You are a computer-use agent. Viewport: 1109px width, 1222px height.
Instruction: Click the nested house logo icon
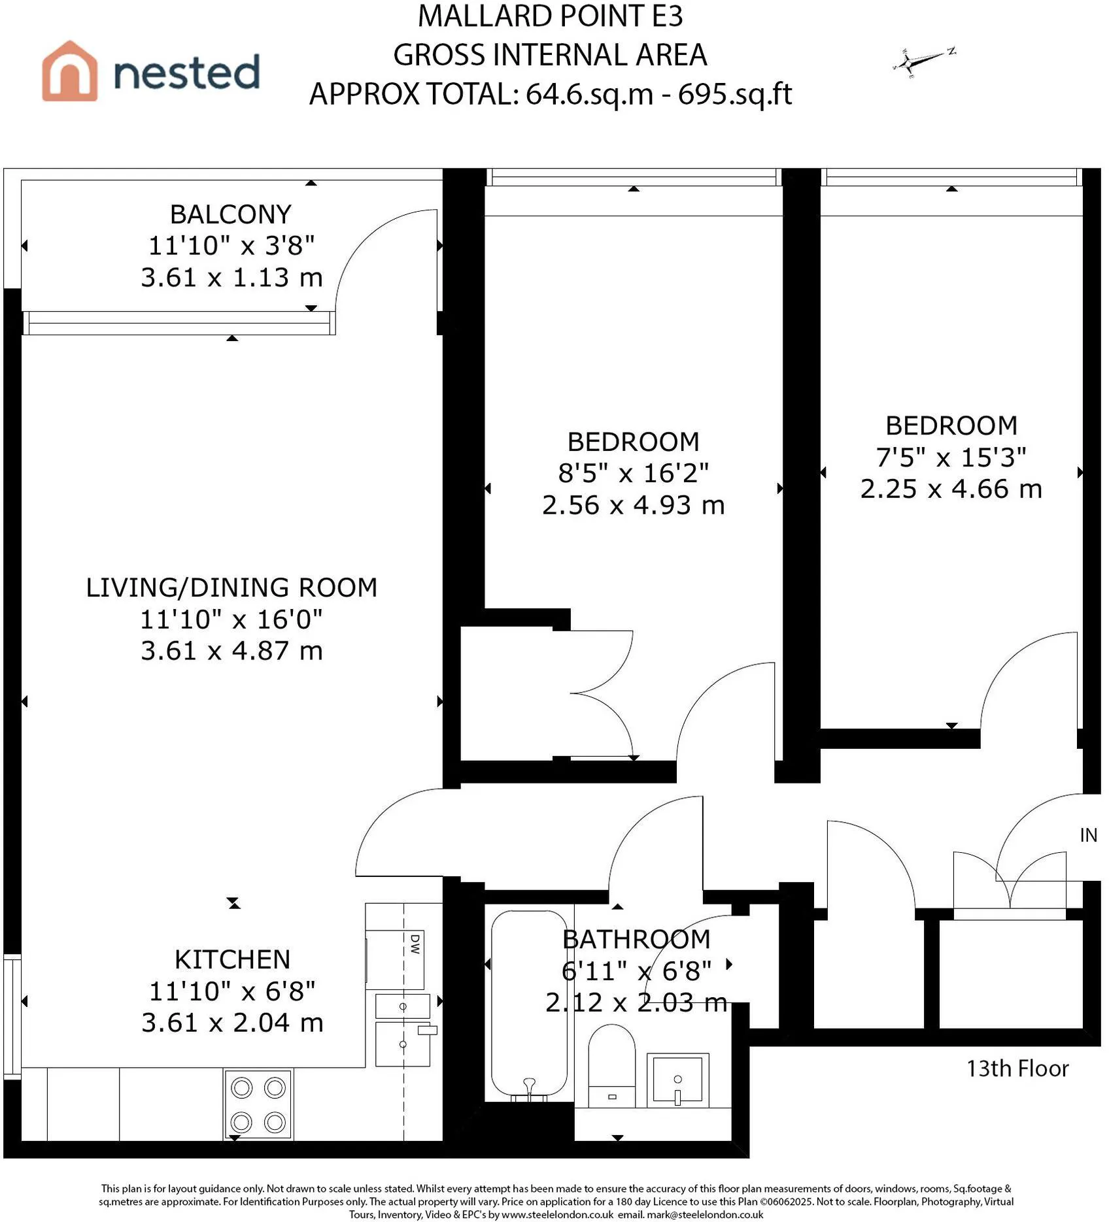coord(70,71)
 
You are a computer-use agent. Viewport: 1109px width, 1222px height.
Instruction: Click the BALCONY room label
coord(231,214)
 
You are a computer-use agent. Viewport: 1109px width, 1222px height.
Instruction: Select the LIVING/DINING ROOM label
coord(232,587)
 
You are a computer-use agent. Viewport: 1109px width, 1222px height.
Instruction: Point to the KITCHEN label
coord(232,959)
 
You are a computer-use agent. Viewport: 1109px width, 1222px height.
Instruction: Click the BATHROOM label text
coord(636,939)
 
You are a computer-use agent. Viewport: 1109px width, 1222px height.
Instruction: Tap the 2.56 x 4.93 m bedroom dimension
coord(634,505)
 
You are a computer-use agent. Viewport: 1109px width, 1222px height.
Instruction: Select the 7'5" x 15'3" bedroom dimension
coord(951,457)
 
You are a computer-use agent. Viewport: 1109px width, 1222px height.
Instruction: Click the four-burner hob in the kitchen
coord(258,1105)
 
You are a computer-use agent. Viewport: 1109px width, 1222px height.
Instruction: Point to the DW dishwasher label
coord(415,944)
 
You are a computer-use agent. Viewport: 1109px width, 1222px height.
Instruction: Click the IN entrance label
coord(1088,835)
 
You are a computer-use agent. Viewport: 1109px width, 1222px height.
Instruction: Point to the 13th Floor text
coord(1017,1068)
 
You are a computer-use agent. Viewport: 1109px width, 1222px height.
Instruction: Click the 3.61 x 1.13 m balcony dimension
coord(232,278)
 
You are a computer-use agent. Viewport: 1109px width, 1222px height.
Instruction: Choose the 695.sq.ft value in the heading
coord(735,94)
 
